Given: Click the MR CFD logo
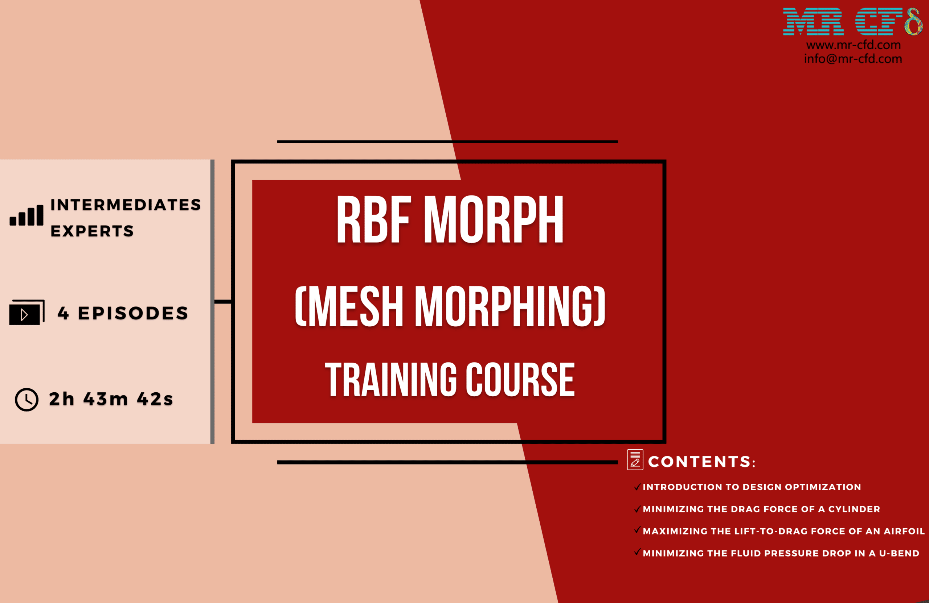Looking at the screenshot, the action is point(852,21).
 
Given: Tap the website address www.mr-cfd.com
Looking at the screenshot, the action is point(853,45).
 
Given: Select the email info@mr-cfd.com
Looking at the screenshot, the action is point(853,58).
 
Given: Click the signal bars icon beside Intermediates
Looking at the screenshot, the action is point(26,215).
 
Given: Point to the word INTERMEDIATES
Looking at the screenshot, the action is point(126,205).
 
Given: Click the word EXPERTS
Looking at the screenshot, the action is point(92,231).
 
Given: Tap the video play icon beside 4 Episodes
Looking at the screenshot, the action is point(26,312).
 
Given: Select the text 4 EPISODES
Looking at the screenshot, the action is point(123,313).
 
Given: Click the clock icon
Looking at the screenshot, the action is point(26,399).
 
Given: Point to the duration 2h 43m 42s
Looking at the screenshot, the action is point(111,399).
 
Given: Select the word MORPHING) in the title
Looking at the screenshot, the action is point(510,306).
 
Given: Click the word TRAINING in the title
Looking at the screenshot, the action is point(391,380).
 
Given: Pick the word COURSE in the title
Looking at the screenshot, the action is point(520,380).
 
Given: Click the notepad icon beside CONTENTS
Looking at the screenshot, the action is point(635,460).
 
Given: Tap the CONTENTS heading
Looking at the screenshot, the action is point(702,462).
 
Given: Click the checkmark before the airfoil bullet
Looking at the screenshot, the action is point(638,530).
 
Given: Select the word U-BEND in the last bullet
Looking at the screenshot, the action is point(899,553).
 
